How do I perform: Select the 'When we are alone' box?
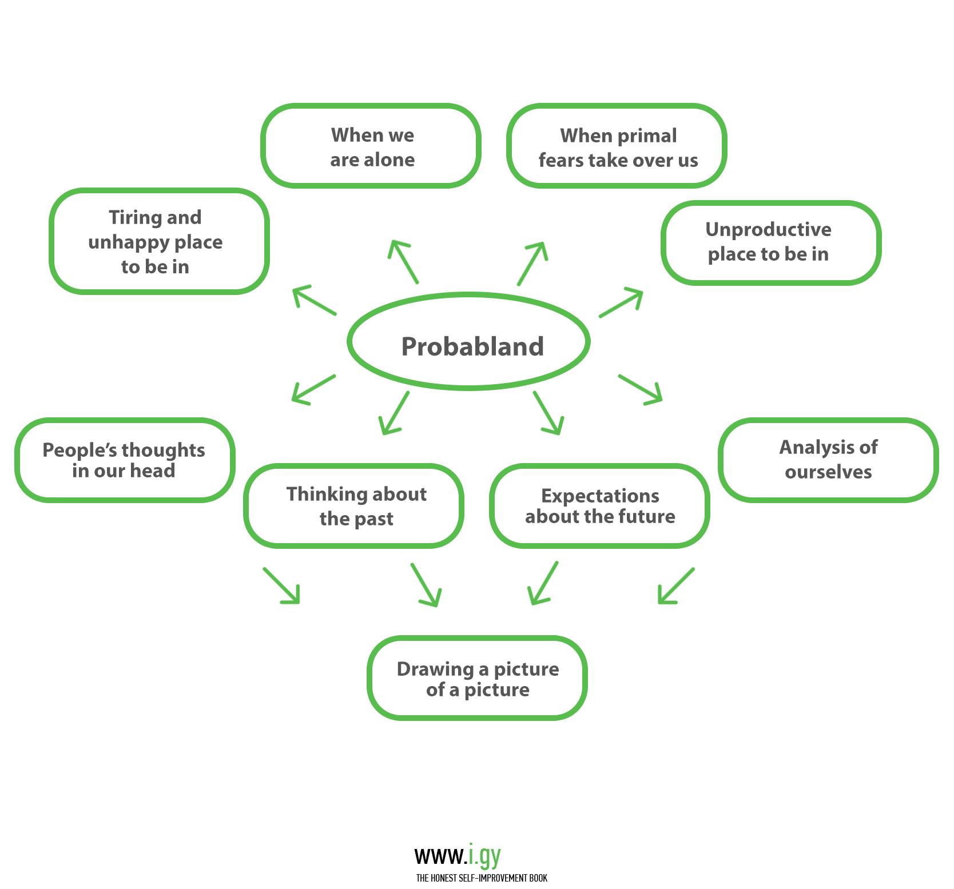(371, 146)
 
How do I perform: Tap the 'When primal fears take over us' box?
(617, 146)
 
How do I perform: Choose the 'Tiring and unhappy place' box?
(159, 241)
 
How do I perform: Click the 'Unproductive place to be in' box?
(771, 242)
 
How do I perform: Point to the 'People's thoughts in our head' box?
(125, 460)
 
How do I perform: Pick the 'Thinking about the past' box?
(354, 506)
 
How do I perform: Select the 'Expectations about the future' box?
(599, 506)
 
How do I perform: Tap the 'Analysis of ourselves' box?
(828, 460)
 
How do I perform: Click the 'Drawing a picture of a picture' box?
(478, 678)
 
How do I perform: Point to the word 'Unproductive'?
(768, 230)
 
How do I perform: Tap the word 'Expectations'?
(600, 496)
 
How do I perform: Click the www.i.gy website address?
(458, 856)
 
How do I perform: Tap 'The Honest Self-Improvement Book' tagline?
(482, 878)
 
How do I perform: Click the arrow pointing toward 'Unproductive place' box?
(622, 302)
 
